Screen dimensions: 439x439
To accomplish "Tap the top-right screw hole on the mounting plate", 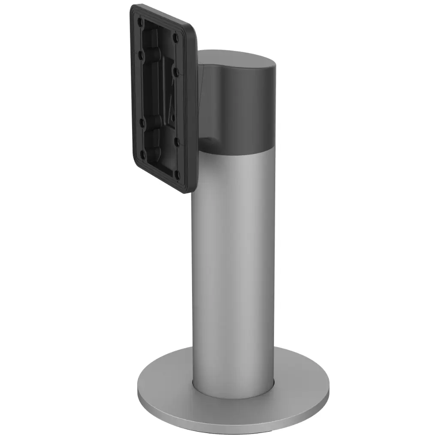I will click(x=176, y=38).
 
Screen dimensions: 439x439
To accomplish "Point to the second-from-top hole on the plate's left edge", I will click(x=140, y=54).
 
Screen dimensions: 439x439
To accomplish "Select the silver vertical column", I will click(x=234, y=257).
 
